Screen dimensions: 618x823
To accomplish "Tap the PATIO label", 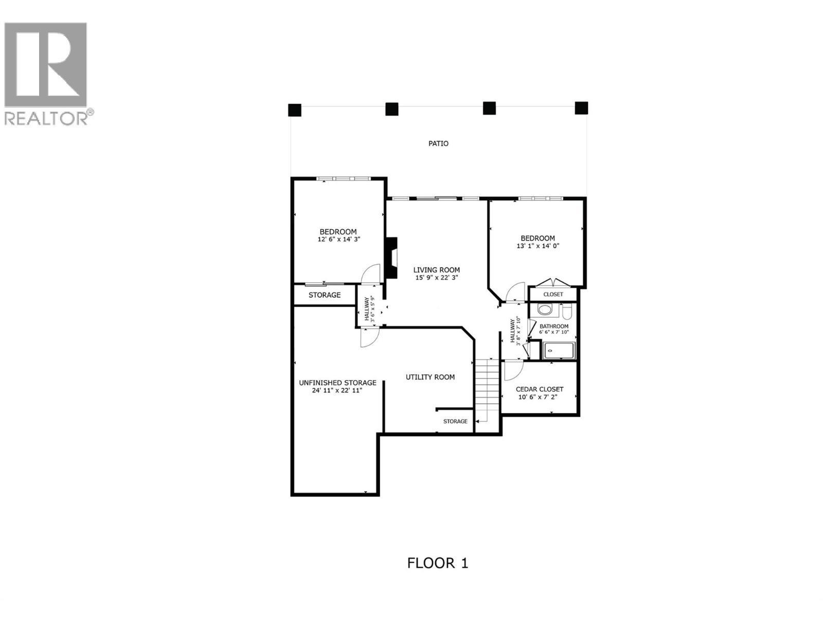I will (438, 144).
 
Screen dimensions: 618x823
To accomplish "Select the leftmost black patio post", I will (294, 110).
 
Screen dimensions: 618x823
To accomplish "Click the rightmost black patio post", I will (581, 108).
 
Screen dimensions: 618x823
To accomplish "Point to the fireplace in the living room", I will (392, 257).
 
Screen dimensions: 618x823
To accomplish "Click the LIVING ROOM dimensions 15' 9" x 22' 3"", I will (437, 278).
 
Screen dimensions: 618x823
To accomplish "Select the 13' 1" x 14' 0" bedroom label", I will (538, 246).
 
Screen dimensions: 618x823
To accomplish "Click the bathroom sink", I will (544, 310).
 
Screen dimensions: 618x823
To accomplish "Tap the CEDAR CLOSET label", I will (539, 389).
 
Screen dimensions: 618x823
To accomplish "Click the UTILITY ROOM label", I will (430, 377).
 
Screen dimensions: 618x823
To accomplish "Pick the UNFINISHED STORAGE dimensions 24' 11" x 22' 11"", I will (337, 391).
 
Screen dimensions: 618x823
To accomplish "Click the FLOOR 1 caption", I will (438, 563).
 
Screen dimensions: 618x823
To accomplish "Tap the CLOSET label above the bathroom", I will (553, 295).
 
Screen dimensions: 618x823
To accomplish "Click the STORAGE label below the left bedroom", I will (325, 295).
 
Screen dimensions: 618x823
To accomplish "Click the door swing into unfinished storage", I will (369, 338).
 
